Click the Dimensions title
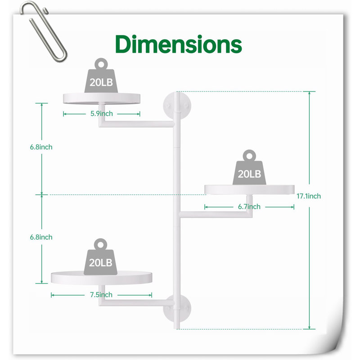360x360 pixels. pyautogui.click(x=178, y=44)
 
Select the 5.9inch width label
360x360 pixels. pyautogui.click(x=102, y=114)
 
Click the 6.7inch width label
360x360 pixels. pyautogui.click(x=249, y=207)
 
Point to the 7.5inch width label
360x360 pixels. pyautogui.click(x=101, y=295)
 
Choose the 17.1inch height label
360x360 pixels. pyautogui.click(x=309, y=196)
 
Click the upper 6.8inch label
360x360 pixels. pyautogui.click(x=41, y=147)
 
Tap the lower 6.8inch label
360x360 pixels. pyautogui.click(x=41, y=237)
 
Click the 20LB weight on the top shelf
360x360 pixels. pyautogui.click(x=101, y=76)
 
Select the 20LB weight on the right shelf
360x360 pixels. pyautogui.click(x=249, y=167)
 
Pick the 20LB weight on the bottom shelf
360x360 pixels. pyautogui.click(x=100, y=256)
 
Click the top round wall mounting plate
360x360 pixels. pyautogui.click(x=177, y=106)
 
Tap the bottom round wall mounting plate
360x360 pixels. pyautogui.click(x=177, y=309)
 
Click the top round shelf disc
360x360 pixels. pyautogui.click(x=102, y=99)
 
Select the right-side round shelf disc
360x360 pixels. pyautogui.click(x=249, y=189)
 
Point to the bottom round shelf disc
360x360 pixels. pyautogui.click(x=102, y=278)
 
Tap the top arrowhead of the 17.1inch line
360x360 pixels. pyautogui.click(x=309, y=93)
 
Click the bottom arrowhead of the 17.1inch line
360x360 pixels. pyautogui.click(x=309, y=328)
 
